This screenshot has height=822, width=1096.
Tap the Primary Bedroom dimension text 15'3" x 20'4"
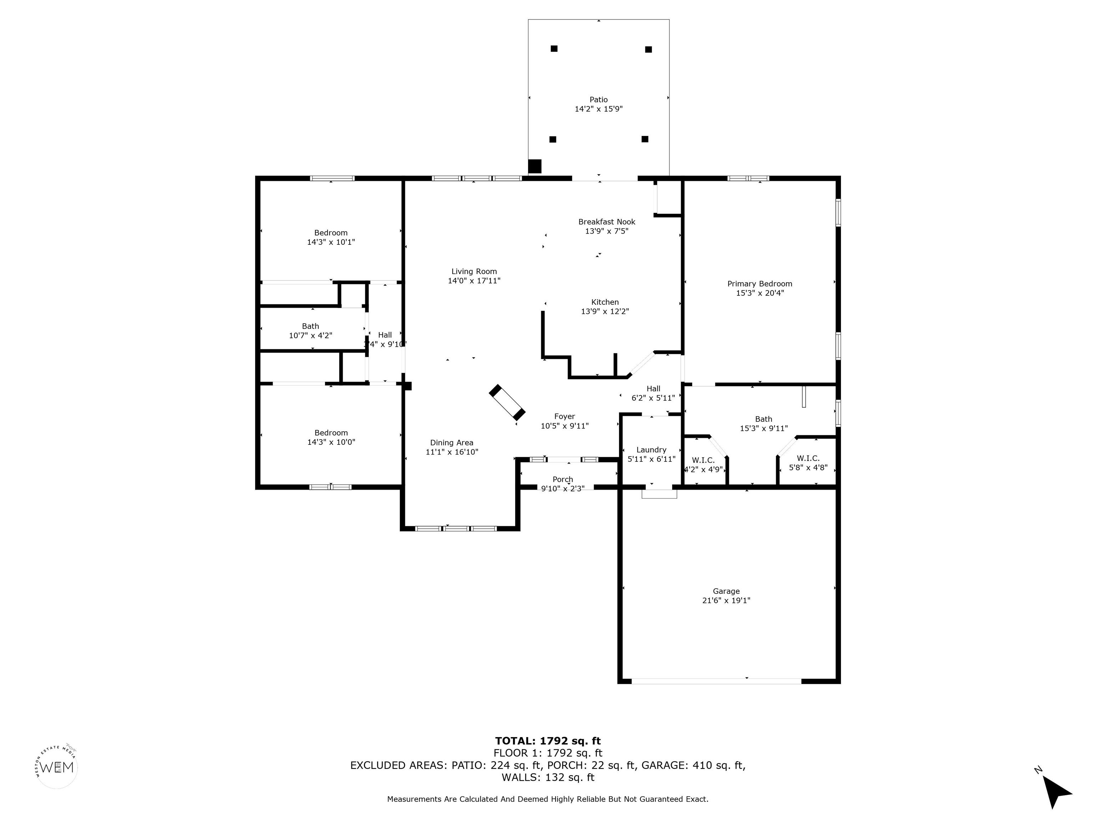click(x=760, y=293)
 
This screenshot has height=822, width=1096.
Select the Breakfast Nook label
click(x=607, y=222)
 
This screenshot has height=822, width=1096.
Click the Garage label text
click(x=726, y=591)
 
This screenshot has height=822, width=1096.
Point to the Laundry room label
click(x=651, y=450)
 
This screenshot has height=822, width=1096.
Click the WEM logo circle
click(x=57, y=767)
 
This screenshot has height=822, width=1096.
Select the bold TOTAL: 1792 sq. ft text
click(x=548, y=741)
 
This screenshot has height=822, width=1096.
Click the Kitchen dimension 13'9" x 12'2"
click(x=604, y=311)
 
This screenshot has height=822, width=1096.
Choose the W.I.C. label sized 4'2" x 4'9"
click(x=703, y=460)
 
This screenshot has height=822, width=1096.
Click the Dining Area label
click(x=451, y=442)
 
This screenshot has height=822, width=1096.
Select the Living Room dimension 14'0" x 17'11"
click(x=474, y=280)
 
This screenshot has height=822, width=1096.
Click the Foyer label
click(x=564, y=416)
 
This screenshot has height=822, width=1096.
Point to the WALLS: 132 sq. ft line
click(x=548, y=777)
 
